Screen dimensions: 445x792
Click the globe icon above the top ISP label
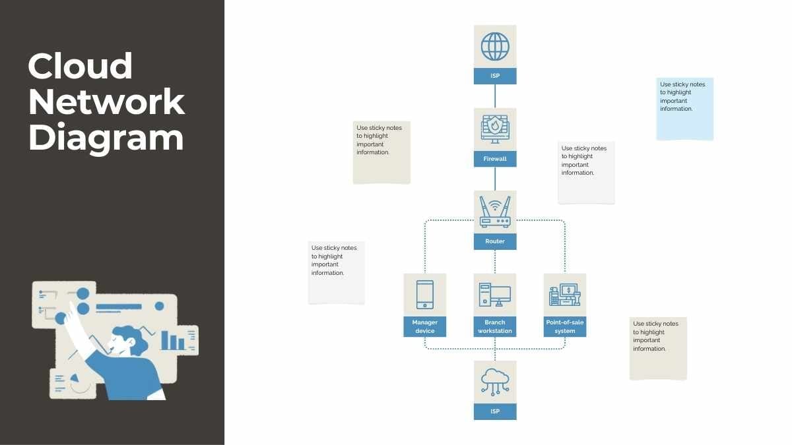click(495, 47)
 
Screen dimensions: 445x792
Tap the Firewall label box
click(495, 159)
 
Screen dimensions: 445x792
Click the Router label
click(495, 241)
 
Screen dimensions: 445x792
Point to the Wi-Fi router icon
click(495, 212)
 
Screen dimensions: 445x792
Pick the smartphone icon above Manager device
click(425, 295)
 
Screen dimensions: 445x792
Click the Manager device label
click(425, 326)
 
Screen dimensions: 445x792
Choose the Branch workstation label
click(495, 326)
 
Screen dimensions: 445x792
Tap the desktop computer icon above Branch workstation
click(495, 295)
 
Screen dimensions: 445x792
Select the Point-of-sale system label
click(565, 326)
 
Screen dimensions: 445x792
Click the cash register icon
click(564, 295)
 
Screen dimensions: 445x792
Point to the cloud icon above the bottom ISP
click(495, 381)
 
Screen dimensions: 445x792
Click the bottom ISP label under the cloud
click(495, 411)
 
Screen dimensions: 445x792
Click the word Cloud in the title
click(81, 67)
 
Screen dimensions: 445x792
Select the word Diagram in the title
click(106, 138)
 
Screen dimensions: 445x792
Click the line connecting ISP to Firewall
click(495, 96)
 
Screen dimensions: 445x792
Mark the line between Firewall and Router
click(495, 179)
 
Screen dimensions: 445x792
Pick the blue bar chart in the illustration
click(173, 340)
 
